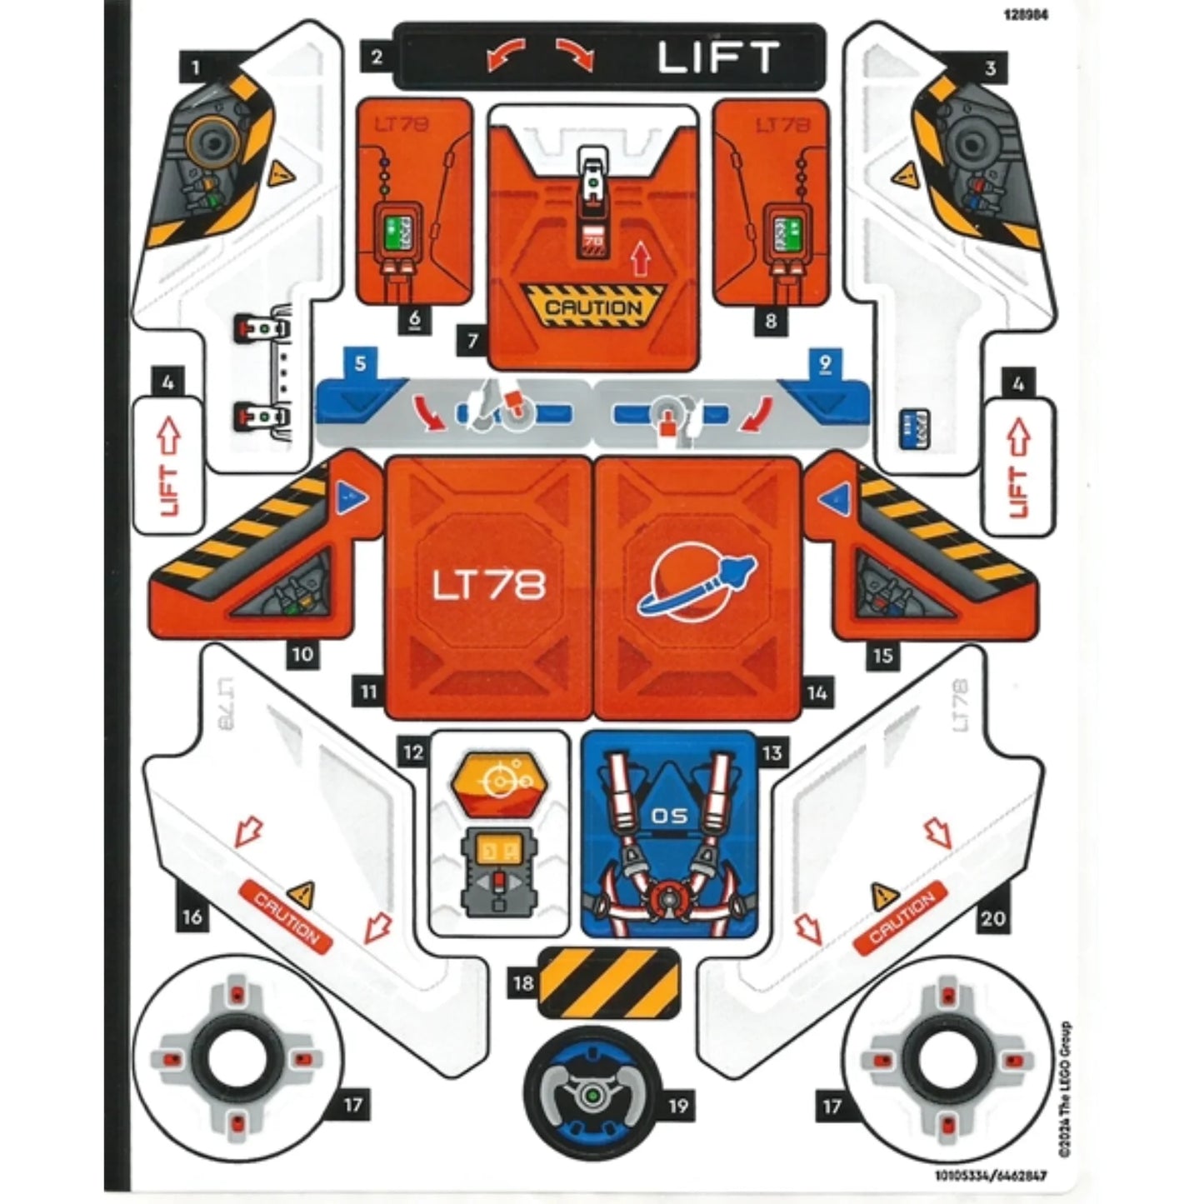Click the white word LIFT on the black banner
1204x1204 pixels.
(717, 57)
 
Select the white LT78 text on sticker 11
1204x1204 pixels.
(488, 585)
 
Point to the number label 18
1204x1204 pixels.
(523, 983)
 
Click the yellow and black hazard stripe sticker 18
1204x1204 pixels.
(609, 983)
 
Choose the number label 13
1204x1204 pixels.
(772, 753)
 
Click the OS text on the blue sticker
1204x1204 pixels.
(670, 816)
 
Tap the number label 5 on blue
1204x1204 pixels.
(360, 364)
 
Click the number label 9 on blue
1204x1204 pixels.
(825, 364)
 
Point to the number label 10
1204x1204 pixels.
(302, 655)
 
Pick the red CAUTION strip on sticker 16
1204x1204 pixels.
(285, 917)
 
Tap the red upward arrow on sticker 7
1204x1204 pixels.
(640, 259)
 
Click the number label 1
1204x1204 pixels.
(196, 67)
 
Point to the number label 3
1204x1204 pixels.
(990, 67)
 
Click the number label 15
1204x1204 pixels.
(883, 656)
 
